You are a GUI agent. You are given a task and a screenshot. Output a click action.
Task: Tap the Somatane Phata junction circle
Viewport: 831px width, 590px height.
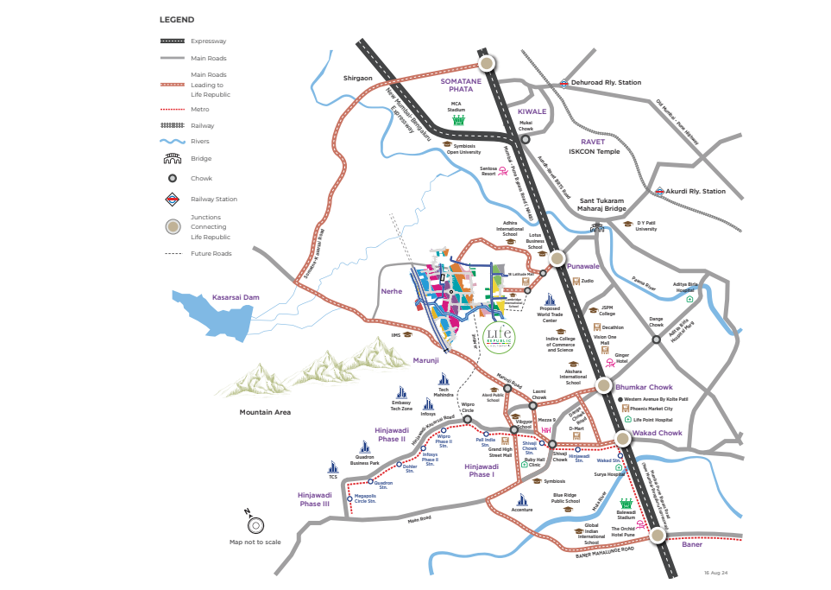[488, 63]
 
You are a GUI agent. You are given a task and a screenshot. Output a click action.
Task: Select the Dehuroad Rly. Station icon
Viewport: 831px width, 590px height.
[563, 83]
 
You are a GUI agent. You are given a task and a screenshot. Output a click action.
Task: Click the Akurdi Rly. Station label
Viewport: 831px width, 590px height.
[696, 191]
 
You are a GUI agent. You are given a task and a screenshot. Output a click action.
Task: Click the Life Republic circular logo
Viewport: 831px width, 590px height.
[499, 335]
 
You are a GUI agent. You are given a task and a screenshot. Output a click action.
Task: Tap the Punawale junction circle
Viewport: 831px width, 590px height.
[557, 257]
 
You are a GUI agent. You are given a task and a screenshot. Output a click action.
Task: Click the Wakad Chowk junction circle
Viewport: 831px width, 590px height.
[622, 439]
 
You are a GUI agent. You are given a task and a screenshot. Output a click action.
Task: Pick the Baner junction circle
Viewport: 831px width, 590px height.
[658, 536]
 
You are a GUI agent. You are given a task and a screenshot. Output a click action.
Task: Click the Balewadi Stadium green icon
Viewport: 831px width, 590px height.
[626, 503]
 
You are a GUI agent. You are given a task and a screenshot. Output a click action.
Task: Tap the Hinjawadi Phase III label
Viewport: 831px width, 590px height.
[314, 499]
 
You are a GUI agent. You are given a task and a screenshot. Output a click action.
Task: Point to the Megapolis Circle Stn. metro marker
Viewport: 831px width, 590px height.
[349, 499]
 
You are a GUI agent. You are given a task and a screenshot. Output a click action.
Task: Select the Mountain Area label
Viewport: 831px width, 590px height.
[265, 413]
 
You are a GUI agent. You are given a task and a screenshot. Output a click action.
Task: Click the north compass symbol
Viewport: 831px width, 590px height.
[255, 524]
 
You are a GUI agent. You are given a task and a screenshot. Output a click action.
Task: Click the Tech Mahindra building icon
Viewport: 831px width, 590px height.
[444, 378]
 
